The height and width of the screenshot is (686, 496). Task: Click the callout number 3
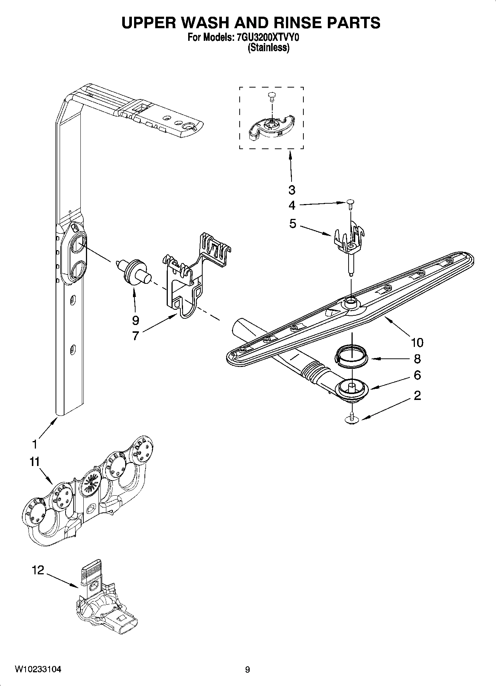click(292, 190)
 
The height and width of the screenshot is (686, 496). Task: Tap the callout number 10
click(416, 342)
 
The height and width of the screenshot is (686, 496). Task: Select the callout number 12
click(38, 570)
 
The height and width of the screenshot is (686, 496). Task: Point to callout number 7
click(136, 336)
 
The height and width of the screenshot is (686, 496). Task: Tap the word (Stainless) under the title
click(268, 47)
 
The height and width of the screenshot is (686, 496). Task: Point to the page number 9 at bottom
click(247, 670)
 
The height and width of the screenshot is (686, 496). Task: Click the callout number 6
click(417, 375)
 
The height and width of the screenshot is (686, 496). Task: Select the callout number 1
click(34, 444)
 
